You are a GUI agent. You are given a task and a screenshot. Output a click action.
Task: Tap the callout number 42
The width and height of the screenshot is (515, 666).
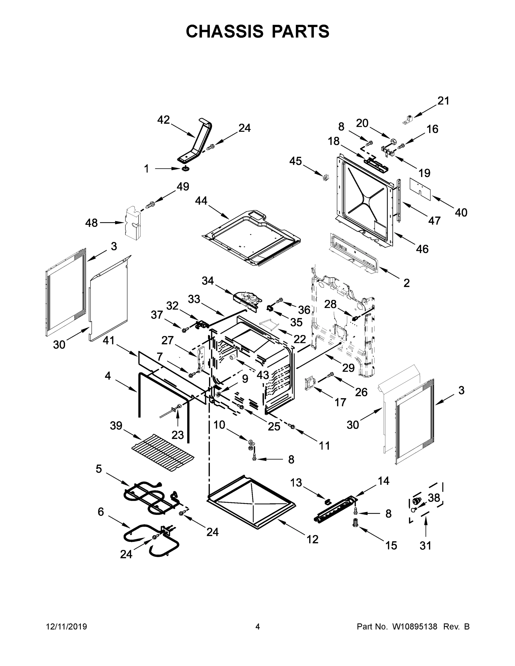pos(163,120)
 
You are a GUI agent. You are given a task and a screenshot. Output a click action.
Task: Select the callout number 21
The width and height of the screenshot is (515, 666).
pos(443,101)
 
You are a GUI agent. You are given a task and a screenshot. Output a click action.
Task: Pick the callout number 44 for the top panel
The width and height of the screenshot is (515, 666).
pos(201,201)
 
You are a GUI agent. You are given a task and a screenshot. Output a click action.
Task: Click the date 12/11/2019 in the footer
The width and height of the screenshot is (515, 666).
pos(67,626)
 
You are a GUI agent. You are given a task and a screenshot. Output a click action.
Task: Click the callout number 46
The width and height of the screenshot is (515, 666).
pos(422,249)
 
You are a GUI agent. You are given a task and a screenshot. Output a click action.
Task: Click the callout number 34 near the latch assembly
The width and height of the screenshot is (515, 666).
pos(208,281)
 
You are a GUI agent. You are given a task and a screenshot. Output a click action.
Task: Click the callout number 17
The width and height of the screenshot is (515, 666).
pos(340,402)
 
